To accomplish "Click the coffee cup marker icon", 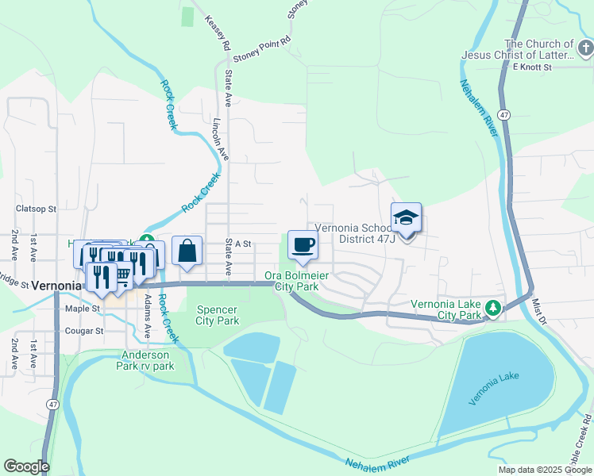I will click(301, 245).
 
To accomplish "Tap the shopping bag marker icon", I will click(187, 251).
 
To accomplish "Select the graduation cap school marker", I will click(406, 218).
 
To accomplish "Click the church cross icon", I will click(584, 50).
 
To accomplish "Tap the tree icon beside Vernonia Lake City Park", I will click(493, 308).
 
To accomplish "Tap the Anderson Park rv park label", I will click(147, 360).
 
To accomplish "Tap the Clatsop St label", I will click(37, 209).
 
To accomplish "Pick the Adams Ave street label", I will click(148, 310).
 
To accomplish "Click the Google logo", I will click(26, 466).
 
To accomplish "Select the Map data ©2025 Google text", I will click(544, 470).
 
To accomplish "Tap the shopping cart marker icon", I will click(123, 274).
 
